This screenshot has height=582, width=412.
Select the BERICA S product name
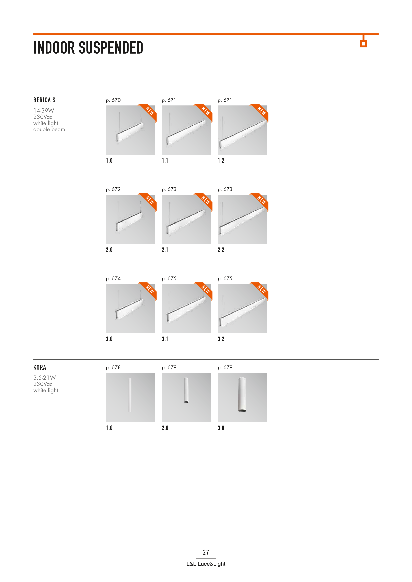coord(44,100)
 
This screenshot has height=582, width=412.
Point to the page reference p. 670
coord(113,100)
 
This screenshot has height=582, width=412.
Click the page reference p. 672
coord(113,189)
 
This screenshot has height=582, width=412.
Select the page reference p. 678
coord(113,367)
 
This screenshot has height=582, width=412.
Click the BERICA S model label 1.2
coord(221,161)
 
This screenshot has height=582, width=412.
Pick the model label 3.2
coord(221,339)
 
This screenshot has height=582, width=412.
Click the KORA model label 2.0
coord(165,428)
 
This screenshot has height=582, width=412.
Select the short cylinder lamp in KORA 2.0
coord(186,390)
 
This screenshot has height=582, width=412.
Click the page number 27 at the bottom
coord(206,552)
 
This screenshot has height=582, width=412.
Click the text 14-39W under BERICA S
coord(44,111)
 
